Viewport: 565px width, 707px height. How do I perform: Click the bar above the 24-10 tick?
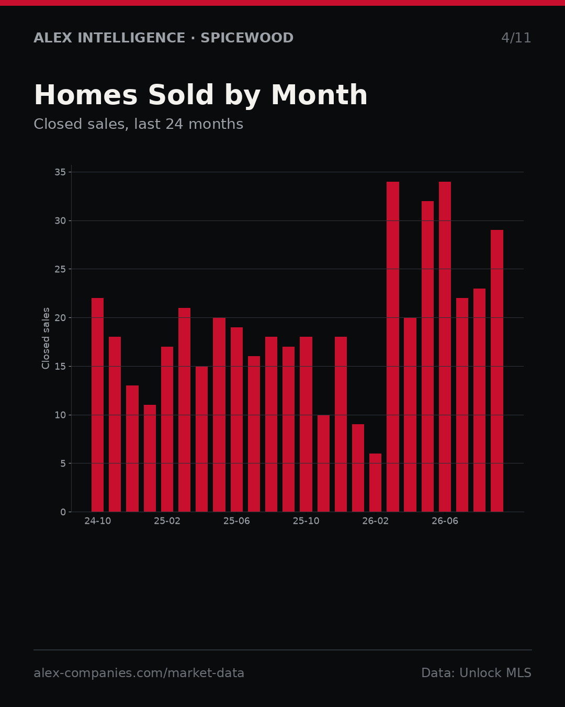(x=97, y=405)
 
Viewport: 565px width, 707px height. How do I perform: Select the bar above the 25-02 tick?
(x=167, y=429)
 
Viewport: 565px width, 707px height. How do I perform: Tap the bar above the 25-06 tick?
(x=236, y=419)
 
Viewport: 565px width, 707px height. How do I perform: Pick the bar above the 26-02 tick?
(x=375, y=483)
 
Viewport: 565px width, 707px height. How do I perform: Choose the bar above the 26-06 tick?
(x=445, y=347)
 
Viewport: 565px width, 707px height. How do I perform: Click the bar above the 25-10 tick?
(x=306, y=424)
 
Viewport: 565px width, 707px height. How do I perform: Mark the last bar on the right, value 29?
(x=497, y=371)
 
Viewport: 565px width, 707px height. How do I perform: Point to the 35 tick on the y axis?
(x=60, y=172)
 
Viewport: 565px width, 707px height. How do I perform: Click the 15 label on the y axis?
(x=60, y=366)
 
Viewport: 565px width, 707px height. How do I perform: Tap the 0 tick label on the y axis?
(x=63, y=512)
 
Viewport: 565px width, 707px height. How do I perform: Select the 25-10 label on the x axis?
(x=306, y=521)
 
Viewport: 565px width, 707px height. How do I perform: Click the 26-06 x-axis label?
(x=445, y=521)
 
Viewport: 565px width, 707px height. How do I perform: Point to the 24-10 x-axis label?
(x=97, y=521)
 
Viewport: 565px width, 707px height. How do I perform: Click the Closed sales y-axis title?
(x=46, y=338)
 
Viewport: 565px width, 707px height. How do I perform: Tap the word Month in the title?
(x=319, y=95)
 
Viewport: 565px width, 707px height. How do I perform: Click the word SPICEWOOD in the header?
(x=247, y=38)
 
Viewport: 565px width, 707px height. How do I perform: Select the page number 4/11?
(x=516, y=38)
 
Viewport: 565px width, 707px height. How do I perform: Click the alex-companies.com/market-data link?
(x=139, y=673)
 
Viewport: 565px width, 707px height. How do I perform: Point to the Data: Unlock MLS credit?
(x=476, y=673)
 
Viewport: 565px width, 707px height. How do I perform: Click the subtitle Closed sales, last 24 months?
(x=139, y=124)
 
